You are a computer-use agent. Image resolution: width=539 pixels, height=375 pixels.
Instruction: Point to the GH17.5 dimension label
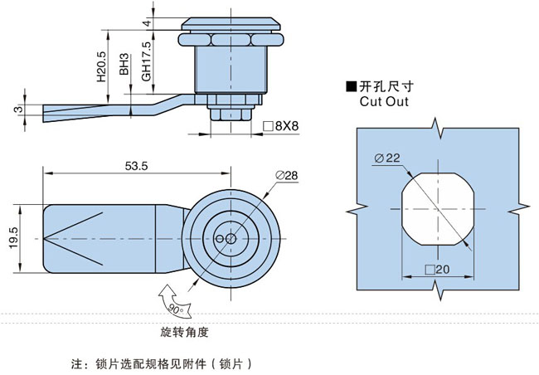pyautogui.click(x=145, y=62)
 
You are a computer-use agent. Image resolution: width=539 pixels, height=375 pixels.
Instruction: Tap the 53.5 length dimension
pyautogui.click(x=136, y=166)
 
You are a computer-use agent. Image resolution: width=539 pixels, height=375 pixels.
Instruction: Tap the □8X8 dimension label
pyautogui.click(x=279, y=126)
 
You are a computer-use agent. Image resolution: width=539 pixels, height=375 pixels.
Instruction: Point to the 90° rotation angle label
pyautogui.click(x=176, y=309)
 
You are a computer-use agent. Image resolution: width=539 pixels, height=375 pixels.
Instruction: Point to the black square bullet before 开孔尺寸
pyautogui.click(x=351, y=86)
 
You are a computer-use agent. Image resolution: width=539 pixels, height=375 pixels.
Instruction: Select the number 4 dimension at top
pyautogui.click(x=145, y=24)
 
